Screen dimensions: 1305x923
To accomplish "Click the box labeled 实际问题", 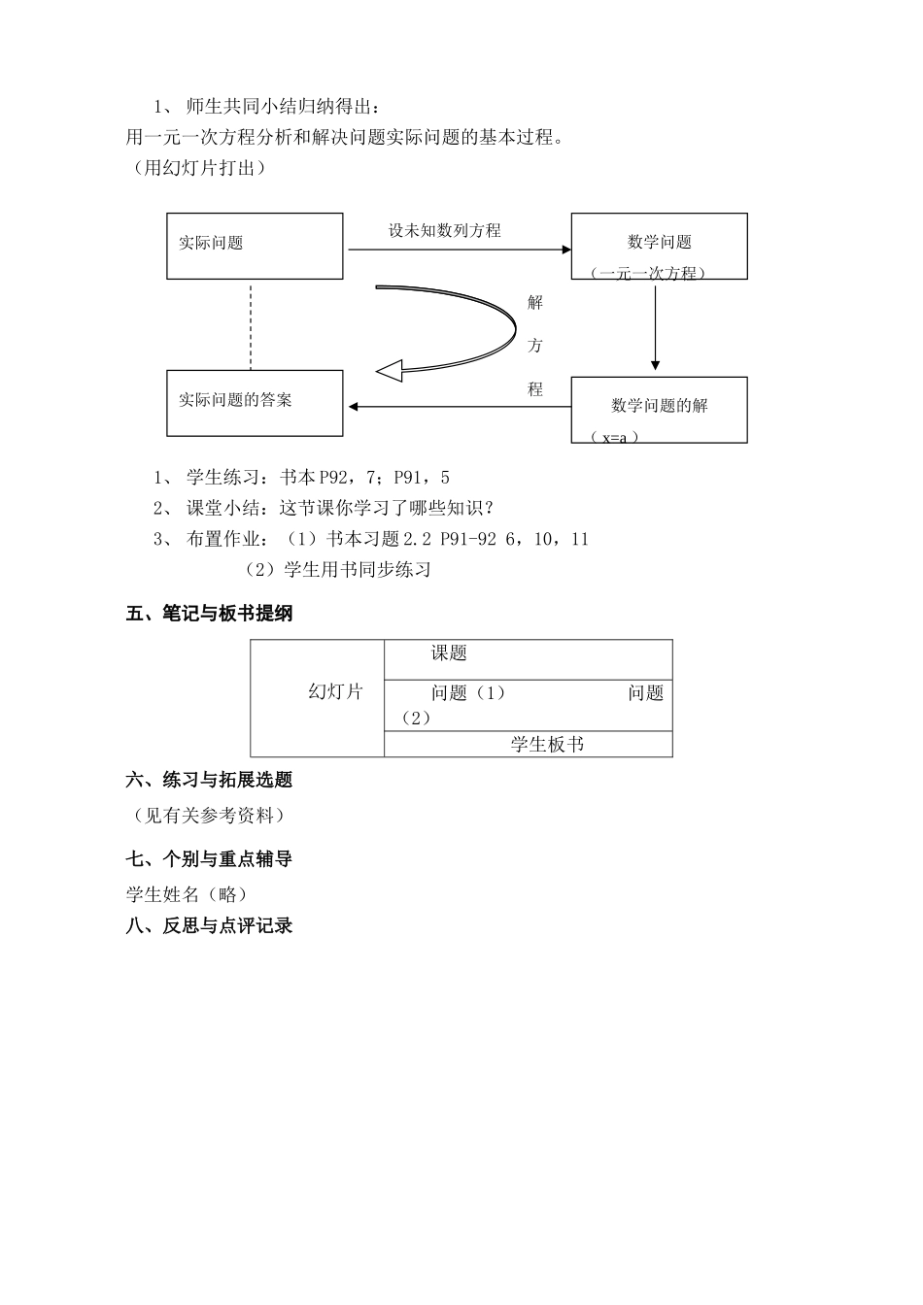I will click(255, 246).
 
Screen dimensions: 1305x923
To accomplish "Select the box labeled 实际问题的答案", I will click(255, 402).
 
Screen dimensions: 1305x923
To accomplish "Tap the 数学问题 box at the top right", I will click(659, 246).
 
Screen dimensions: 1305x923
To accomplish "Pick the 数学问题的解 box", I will click(659, 409).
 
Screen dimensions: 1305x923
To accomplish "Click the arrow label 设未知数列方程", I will click(445, 231).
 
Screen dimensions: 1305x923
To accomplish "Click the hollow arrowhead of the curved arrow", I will click(390, 371).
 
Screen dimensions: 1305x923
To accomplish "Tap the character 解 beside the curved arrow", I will click(535, 303).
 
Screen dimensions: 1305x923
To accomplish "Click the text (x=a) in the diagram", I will click(615, 437).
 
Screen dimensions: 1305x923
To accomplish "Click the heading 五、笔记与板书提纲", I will click(209, 614).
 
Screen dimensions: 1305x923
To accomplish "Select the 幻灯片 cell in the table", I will click(335, 692).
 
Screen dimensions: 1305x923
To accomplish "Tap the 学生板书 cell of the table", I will click(547, 745).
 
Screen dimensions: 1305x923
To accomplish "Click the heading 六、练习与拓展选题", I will click(209, 780).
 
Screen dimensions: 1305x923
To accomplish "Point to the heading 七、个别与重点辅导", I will click(209, 859).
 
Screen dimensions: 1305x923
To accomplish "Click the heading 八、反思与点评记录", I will click(209, 926).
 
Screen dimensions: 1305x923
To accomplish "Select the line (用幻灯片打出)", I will click(197, 168).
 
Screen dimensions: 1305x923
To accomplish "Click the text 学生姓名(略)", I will click(187, 894).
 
